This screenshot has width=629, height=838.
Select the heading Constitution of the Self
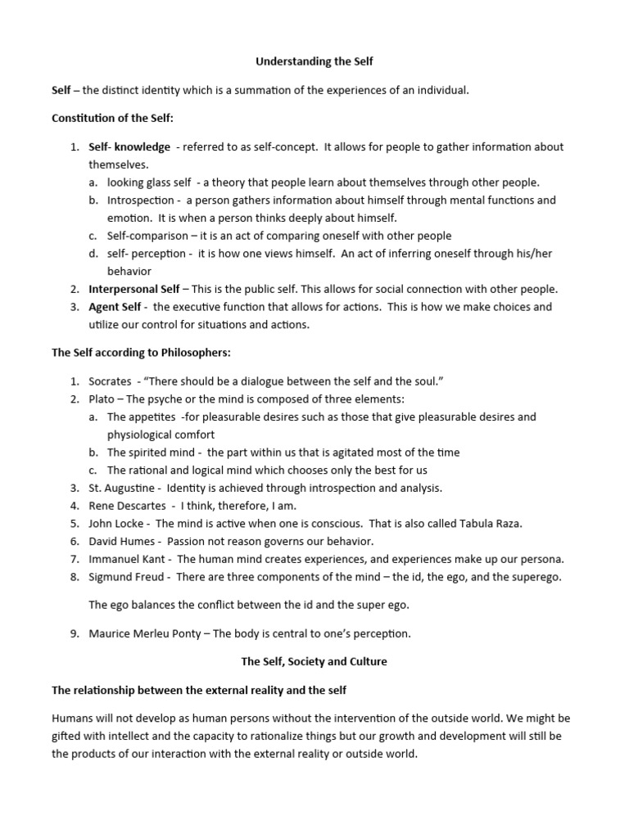click(x=112, y=119)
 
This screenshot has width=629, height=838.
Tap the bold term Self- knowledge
click(x=129, y=147)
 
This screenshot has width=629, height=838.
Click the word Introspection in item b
click(x=140, y=200)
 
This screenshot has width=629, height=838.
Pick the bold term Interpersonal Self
click(x=134, y=289)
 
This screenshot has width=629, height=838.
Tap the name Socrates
click(x=111, y=381)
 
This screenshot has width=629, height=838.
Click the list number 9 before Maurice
click(x=73, y=633)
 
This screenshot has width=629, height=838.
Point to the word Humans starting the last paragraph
click(x=73, y=719)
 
